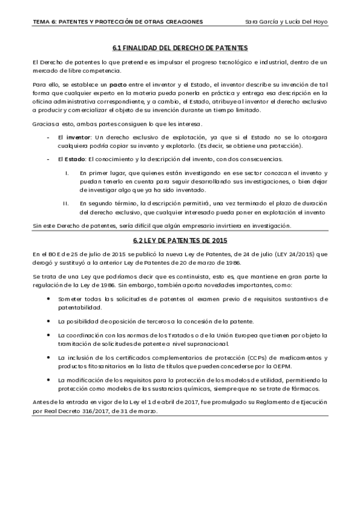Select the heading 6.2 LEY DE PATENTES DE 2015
click(180, 241)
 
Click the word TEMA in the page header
click(43, 22)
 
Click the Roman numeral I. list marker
click(67, 173)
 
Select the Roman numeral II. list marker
click(66, 202)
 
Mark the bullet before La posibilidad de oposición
click(48, 321)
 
